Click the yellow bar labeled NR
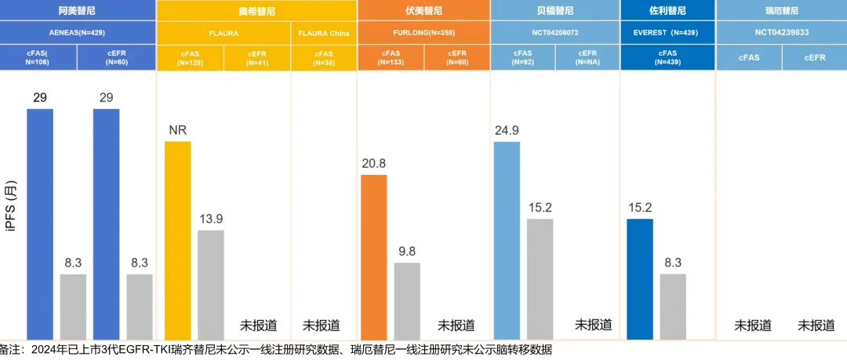[x=177, y=241]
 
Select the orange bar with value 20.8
[x=373, y=257]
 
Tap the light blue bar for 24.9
[x=507, y=241]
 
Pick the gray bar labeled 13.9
[x=211, y=285]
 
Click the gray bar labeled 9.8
[x=407, y=301]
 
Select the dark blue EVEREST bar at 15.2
[x=640, y=279]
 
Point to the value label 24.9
[x=507, y=130]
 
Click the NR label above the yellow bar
[x=177, y=130]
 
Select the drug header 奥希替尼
[x=256, y=11]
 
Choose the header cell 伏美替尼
[x=423, y=10]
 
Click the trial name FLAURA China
[x=323, y=33]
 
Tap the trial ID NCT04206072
[x=554, y=33]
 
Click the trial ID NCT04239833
[x=781, y=33]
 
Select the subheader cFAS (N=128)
[x=190, y=57]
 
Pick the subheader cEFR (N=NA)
[x=587, y=57]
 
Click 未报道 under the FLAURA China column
[x=322, y=325]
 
